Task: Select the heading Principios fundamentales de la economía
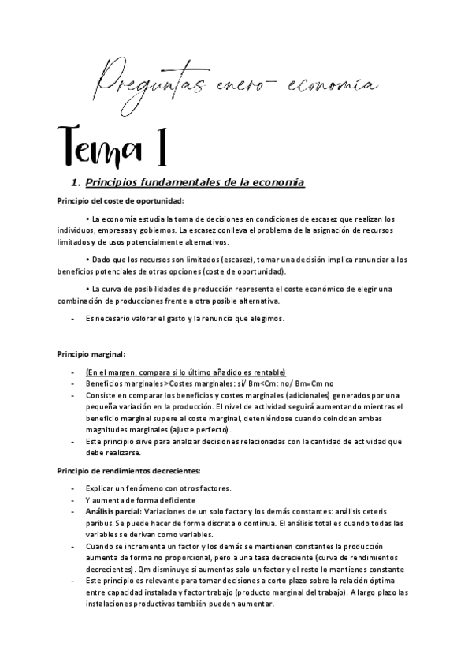(194, 183)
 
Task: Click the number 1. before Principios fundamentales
(76, 183)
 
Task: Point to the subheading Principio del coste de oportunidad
(120, 201)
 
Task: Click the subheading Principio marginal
(91, 353)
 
